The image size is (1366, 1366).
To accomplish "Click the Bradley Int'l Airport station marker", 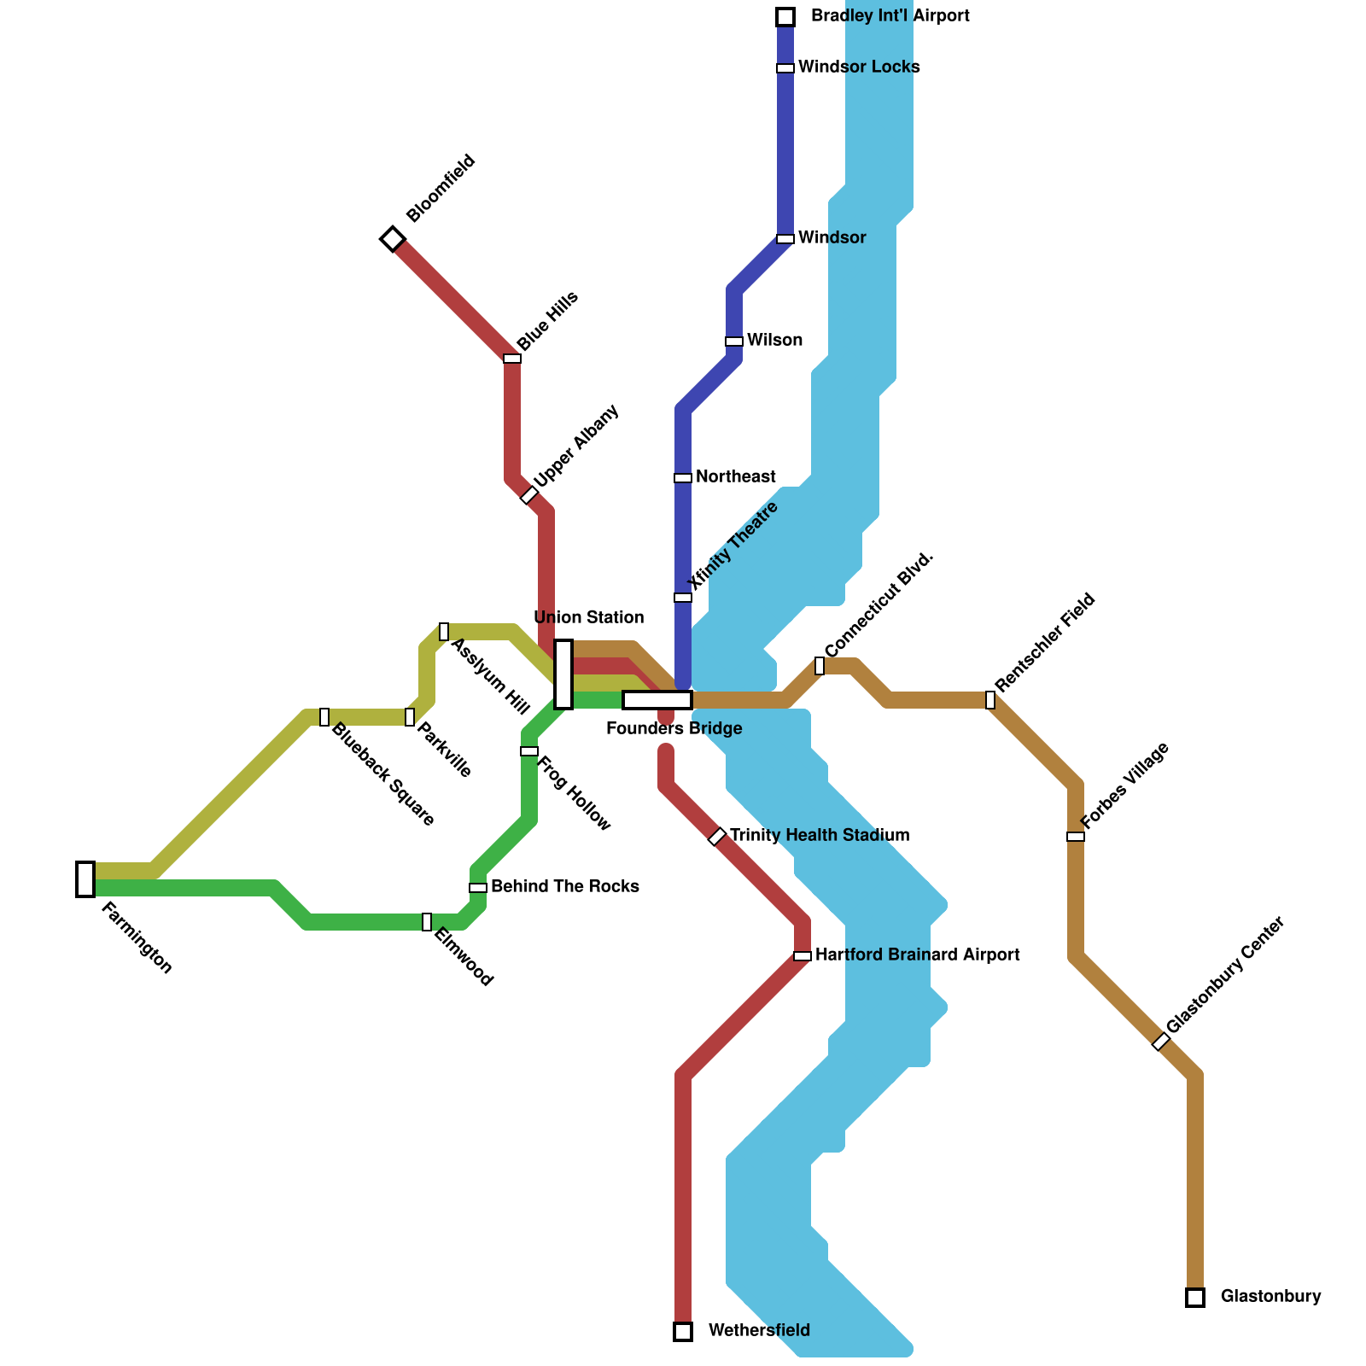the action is click(785, 17).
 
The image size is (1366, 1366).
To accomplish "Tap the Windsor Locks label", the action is click(859, 67).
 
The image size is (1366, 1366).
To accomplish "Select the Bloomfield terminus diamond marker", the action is click(393, 238).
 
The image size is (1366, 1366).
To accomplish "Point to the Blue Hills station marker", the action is click(512, 359).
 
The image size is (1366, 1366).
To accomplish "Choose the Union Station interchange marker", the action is click(563, 674).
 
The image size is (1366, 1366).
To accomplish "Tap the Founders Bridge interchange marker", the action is click(657, 700).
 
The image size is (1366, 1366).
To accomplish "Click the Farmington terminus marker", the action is click(85, 879).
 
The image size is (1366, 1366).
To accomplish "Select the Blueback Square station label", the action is click(382, 775).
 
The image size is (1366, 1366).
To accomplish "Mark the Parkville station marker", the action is click(410, 717).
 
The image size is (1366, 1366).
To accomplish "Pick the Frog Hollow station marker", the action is click(529, 751).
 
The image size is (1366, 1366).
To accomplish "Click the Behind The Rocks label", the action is click(565, 887).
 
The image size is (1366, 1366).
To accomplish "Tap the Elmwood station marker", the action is click(427, 922).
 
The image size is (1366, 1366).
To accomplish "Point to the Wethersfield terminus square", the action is click(683, 1331).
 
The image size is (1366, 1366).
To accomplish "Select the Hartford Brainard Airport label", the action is click(918, 955).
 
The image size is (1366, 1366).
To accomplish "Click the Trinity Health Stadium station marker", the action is click(717, 837).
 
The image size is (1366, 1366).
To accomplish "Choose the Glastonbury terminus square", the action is click(1195, 1298).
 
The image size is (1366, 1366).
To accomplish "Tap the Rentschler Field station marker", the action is click(990, 700).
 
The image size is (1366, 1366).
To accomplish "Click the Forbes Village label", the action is click(1124, 785).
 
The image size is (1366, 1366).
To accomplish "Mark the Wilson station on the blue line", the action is click(734, 341).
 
